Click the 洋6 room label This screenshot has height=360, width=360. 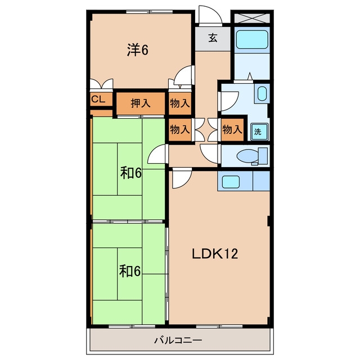tap(137, 50)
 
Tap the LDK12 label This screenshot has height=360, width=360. tap(215, 254)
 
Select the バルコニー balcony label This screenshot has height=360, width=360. tap(178, 340)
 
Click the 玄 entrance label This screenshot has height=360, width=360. tap(213, 38)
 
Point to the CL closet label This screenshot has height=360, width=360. tap(98, 99)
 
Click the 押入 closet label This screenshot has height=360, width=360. tap(141, 103)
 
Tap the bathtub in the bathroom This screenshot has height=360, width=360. tap(252, 39)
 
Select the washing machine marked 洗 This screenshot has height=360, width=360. tap(259, 132)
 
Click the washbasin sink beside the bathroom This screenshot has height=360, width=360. tap(262, 93)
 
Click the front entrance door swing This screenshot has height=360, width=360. tap(210, 15)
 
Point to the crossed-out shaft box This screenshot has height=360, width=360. tap(252, 18)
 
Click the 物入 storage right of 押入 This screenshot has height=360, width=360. tap(180, 103)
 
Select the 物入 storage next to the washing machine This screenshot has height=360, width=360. tap(232, 129)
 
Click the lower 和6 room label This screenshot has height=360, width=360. tap(130, 271)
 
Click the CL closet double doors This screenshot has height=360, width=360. tap(101, 84)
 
